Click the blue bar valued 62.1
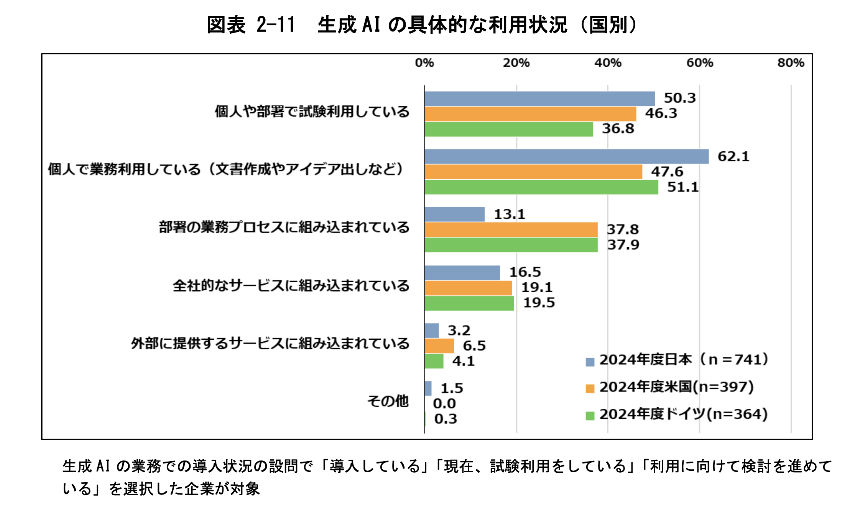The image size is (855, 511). [x=566, y=157]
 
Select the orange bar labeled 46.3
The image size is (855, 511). [x=530, y=114]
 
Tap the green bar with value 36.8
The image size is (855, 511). [x=509, y=129]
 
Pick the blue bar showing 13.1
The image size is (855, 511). [x=454, y=215]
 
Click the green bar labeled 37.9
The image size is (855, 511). [x=511, y=245]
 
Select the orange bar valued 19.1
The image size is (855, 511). [x=468, y=288]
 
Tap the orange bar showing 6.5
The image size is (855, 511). [x=439, y=346]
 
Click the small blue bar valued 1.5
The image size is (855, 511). [x=428, y=388]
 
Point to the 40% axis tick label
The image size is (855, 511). [x=608, y=63]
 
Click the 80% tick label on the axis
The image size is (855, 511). [x=791, y=63]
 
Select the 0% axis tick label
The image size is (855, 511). [x=424, y=63]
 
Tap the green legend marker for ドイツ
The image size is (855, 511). [x=590, y=416]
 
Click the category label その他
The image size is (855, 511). [x=388, y=401]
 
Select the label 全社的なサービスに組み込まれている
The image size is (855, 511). [x=291, y=286]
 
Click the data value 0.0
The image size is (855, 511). [x=444, y=404]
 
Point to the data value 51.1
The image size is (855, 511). [x=683, y=187]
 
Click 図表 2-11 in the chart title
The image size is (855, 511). [x=251, y=25]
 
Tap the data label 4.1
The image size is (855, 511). [x=464, y=361]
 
